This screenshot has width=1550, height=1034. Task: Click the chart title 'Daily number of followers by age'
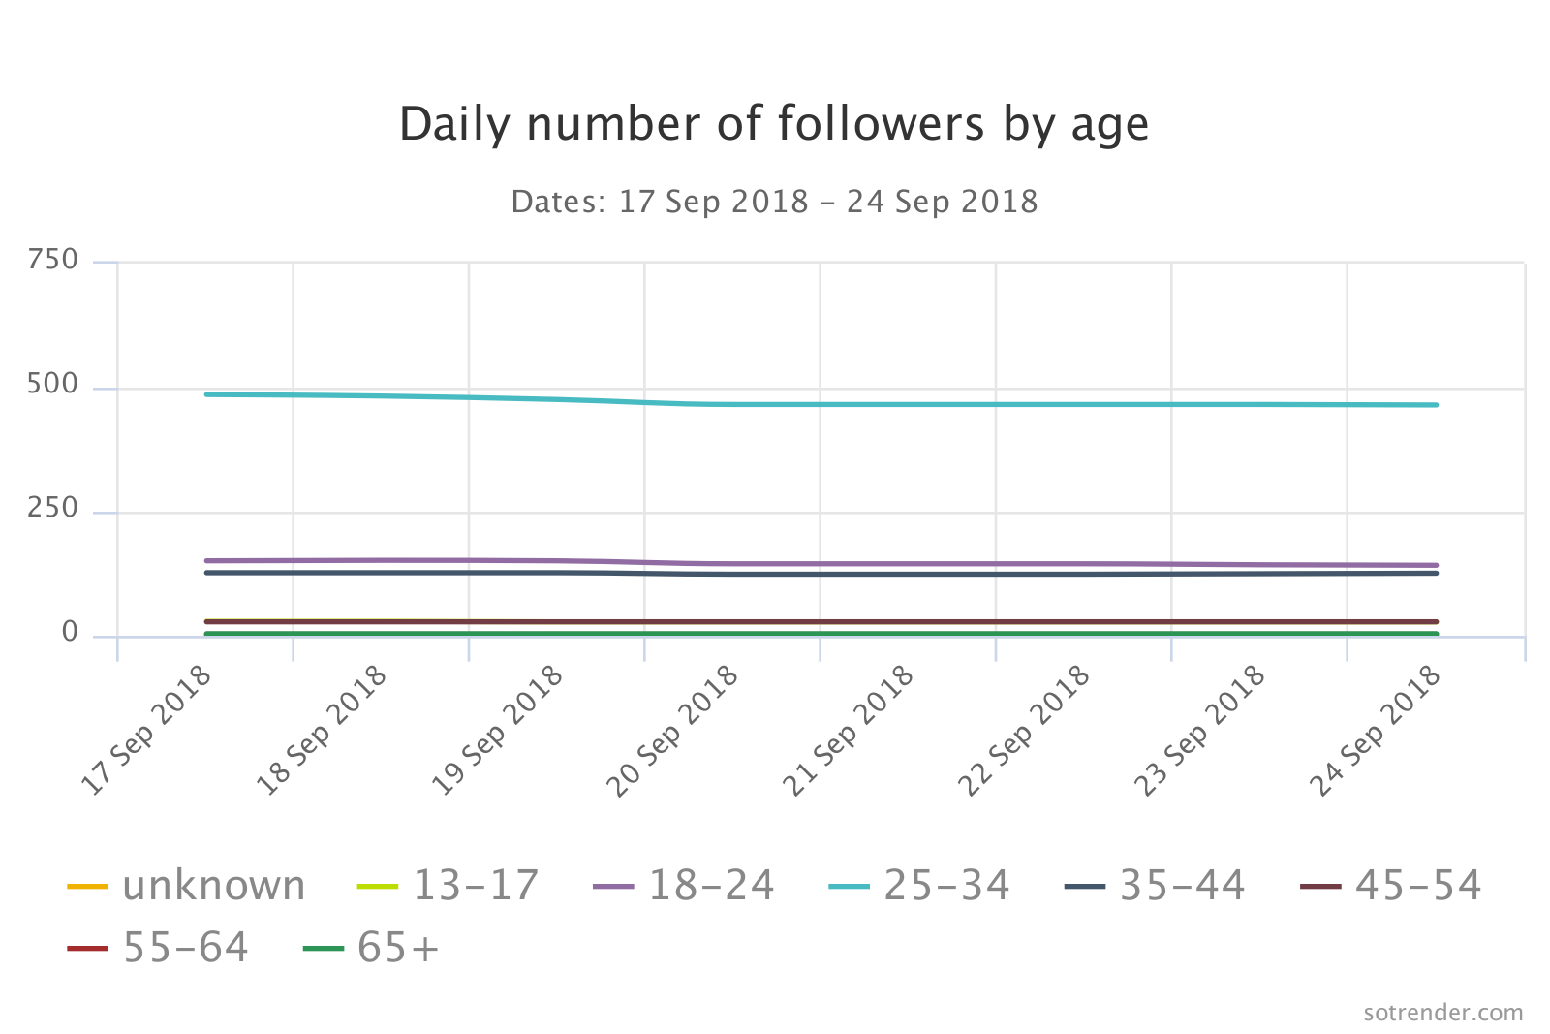pyautogui.click(x=774, y=125)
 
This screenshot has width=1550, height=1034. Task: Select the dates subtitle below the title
pyautogui.click(x=774, y=202)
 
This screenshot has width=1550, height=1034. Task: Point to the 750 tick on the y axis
pyautogui.click(x=53, y=260)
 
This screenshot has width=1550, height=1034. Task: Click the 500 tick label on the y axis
pyautogui.click(x=53, y=384)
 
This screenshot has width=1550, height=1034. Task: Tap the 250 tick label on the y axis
pyautogui.click(x=53, y=508)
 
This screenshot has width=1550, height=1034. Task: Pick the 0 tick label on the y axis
pyautogui.click(x=70, y=632)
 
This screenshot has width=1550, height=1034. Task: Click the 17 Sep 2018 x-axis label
pyautogui.click(x=147, y=733)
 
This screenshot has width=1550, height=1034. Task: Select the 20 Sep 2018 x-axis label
pyautogui.click(x=674, y=733)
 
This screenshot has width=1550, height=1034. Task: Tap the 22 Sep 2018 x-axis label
pyautogui.click(x=1025, y=733)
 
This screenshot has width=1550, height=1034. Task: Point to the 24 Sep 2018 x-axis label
pyautogui.click(x=1377, y=733)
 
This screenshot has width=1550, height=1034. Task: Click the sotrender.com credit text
pyautogui.click(x=1442, y=1013)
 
